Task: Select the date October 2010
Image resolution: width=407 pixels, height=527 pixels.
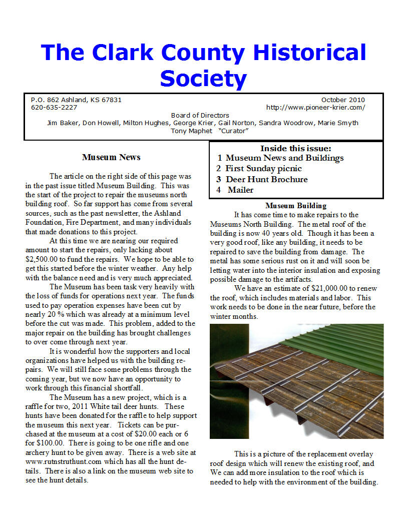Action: coord(343,100)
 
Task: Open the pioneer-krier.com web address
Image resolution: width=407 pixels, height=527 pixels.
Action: coord(315,107)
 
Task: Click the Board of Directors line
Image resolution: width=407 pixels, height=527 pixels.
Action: coord(200,115)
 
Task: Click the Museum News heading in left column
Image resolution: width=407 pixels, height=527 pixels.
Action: coord(111,157)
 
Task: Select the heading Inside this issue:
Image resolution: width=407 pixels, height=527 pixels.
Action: coord(295,148)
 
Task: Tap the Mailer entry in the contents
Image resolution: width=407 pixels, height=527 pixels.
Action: coord(240,190)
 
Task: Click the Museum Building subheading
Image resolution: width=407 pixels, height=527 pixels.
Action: coord(296,206)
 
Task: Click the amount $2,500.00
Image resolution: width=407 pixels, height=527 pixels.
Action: coord(45,259)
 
